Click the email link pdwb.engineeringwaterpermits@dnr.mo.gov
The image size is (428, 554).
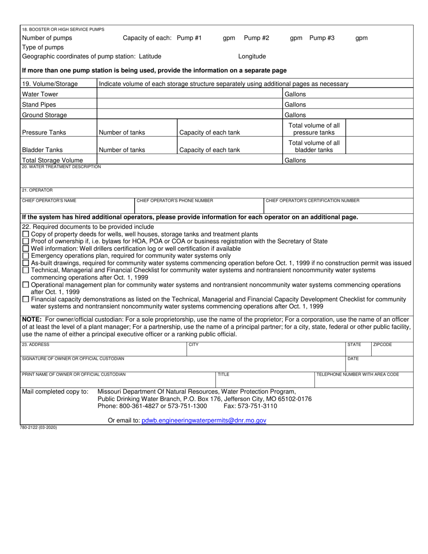coord(204,420)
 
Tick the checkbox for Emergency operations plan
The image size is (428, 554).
coord(26,256)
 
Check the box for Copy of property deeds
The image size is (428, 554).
coord(26,234)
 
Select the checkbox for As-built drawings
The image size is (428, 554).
coord(26,263)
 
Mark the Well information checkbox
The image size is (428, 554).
coord(26,249)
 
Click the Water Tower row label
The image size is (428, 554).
coord(40,94)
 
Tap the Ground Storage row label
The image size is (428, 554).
coord(44,115)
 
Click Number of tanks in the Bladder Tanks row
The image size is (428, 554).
coord(122,150)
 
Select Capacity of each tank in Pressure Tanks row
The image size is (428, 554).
coord(209,132)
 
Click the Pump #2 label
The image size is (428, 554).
coord(256,38)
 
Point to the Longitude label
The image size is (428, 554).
coord(252,56)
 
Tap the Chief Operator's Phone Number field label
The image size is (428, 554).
coord(175,201)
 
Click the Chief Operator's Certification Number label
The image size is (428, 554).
coord(313,201)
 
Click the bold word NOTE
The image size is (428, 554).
coord(32,320)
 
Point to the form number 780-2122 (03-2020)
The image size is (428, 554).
coord(40,427)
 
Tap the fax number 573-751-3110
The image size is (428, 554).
coord(250,406)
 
